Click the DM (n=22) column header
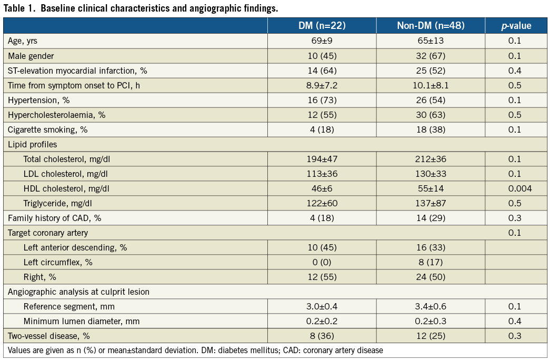coord(322,26)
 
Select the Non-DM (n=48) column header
coord(431,26)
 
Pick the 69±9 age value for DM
coord(322,41)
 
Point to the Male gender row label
coord(31,56)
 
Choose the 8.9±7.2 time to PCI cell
coord(322,85)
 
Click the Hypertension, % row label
coord(39,100)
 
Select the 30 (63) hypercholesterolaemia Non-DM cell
coord(431,115)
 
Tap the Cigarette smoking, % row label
coord(46,129)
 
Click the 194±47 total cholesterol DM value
coord(322,159)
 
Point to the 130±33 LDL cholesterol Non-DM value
coord(431,174)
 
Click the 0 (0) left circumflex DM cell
coord(322,262)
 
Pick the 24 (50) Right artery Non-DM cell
coord(431,277)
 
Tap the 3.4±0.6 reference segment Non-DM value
coord(431,306)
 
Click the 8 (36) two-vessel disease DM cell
coord(322,336)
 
